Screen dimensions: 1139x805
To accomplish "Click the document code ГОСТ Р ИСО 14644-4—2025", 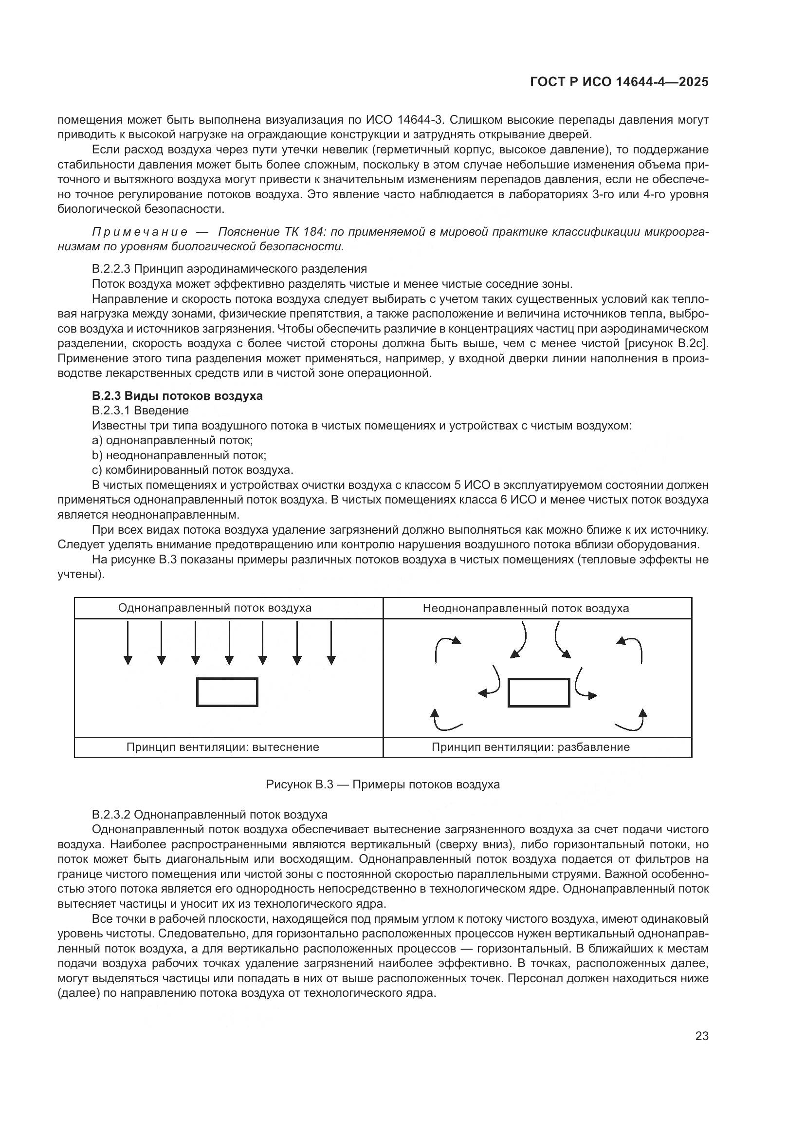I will coord(619,82).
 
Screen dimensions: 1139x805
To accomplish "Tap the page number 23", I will coord(701,1036).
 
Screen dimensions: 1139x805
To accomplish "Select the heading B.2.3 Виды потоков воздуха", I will coord(177,396).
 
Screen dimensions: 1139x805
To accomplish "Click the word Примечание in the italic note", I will coord(140,232).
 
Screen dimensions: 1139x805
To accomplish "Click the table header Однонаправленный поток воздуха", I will coord(215,608).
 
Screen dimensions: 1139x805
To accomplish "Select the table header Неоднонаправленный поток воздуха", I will coord(526,608).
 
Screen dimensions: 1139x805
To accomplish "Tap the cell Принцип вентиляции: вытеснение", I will coord(222,747).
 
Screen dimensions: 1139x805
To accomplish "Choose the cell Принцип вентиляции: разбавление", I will coord(531,747).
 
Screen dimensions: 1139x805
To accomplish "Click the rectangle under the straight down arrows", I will coord(227,692).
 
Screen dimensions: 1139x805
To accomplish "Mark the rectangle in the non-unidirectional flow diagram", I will coord(539,692).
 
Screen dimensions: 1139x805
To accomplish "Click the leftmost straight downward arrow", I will coord(128,643).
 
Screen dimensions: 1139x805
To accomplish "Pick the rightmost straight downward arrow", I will coord(331,643).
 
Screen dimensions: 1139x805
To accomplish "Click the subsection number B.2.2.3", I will coord(111,269).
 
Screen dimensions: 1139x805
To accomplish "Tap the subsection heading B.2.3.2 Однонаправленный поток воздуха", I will coord(209,815).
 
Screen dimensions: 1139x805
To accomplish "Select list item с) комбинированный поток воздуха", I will coord(192,470).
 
